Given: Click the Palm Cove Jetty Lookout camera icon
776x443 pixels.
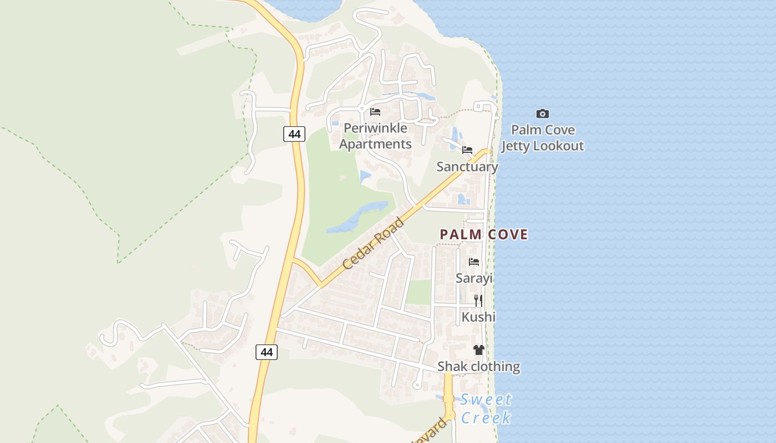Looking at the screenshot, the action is coord(543,114).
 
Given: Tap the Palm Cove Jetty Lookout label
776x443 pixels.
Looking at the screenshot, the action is coord(543,138).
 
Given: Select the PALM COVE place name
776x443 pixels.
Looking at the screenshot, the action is coord(483,234).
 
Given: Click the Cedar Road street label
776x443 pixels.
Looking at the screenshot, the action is coord(373,244).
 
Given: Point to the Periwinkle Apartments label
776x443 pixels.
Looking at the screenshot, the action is coord(375,136).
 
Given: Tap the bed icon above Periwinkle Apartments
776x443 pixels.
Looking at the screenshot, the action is coord(375,112).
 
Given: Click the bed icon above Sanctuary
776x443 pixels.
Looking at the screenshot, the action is coord(467,150).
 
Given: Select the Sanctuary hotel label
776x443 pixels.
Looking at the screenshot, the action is coord(467,167).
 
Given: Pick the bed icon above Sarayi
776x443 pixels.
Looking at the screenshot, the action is coord(474,262).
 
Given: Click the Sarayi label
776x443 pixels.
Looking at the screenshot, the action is coord(474,278).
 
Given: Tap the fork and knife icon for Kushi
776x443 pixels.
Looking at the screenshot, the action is coord(478,301).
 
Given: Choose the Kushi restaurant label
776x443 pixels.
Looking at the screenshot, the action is coord(478,317).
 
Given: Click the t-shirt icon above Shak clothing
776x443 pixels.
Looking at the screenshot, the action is coord(479,350).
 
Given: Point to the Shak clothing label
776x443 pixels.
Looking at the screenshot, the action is coord(479,367).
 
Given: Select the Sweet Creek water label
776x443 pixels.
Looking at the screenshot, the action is coord(486,408).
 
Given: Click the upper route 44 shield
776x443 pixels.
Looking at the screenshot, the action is coord(294,134).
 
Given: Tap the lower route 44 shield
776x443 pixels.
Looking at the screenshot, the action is coord(267,352).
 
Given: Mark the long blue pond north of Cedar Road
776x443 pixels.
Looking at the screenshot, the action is coord(358,218).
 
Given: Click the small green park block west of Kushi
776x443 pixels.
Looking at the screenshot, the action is coord(418,292).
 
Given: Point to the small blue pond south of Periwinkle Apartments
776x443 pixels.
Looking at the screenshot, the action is coord(365,177).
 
